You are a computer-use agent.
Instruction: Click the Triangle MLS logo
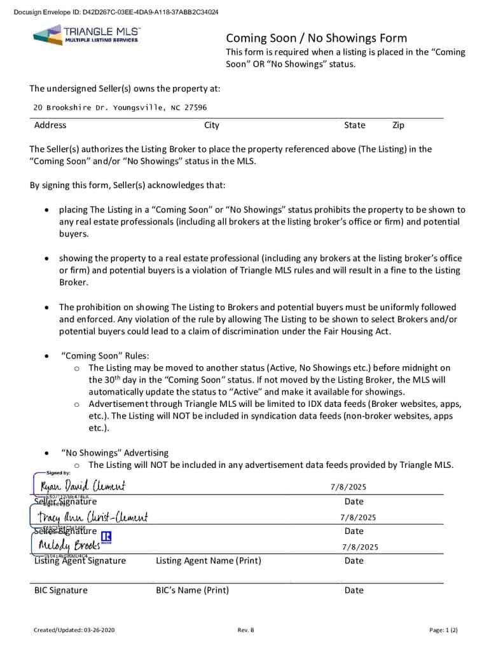[x=86, y=35]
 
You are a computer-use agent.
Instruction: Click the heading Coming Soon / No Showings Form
[x=316, y=38]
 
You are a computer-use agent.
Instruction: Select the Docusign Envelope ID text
[x=116, y=12]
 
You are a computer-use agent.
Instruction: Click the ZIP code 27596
[x=195, y=108]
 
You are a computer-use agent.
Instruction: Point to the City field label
[x=212, y=125]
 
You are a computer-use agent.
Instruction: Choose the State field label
[x=354, y=125]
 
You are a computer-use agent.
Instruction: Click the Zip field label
[x=398, y=125]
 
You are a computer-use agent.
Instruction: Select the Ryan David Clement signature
[x=82, y=487]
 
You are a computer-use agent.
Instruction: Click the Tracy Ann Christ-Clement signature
[x=93, y=517]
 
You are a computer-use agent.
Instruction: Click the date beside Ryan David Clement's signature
[x=348, y=488]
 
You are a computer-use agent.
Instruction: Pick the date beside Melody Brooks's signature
[x=360, y=547]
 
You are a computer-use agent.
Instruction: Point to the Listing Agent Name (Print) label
[x=208, y=561]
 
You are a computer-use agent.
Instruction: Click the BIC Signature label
[x=60, y=590]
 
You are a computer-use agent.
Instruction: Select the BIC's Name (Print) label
[x=192, y=590]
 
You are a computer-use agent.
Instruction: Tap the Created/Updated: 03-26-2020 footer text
[x=74, y=630]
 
